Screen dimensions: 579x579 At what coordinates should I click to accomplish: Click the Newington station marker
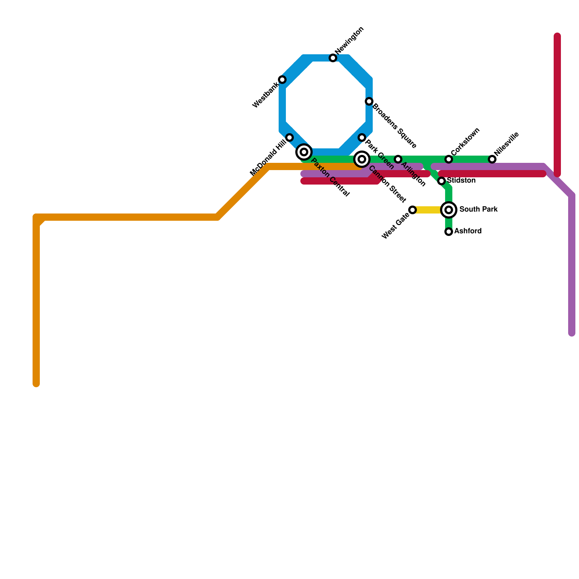[x=333, y=58]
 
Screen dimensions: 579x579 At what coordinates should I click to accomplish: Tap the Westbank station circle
[x=282, y=80]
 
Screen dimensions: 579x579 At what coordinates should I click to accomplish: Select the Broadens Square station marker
[x=369, y=101]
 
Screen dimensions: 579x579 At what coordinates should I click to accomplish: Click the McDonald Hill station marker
[x=289, y=138]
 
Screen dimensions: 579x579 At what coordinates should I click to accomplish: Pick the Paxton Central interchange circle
[x=304, y=152]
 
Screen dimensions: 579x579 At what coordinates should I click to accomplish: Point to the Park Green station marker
[x=362, y=138]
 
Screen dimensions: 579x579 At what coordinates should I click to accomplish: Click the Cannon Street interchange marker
[x=362, y=159]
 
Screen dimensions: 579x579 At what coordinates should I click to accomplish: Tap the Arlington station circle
[x=398, y=159]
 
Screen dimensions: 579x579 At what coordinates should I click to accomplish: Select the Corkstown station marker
[x=449, y=159]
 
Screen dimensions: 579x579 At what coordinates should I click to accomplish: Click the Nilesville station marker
[x=492, y=159]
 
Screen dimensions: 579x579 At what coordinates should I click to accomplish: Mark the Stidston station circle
[x=441, y=181]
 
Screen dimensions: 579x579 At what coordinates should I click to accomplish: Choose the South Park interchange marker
[x=449, y=210]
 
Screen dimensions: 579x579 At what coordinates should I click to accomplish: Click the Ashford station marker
[x=449, y=232]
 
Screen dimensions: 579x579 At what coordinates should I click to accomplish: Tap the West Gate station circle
[x=413, y=210]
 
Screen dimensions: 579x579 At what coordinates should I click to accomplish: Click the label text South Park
[x=478, y=210]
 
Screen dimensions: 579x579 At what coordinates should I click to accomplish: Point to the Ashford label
[x=468, y=231]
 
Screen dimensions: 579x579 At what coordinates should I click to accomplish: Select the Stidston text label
[x=461, y=181]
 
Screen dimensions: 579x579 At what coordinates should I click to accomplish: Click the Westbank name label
[x=266, y=95]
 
